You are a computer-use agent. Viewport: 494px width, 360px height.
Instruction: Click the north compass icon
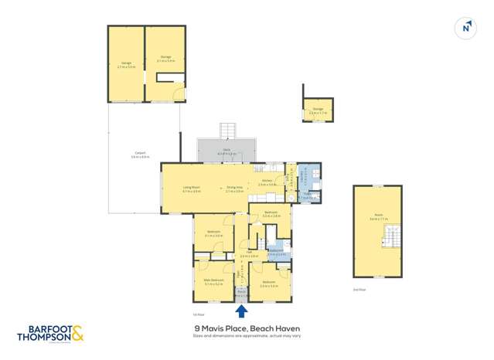click(466, 28)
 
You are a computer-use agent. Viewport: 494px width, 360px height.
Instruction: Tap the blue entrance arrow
click(242, 311)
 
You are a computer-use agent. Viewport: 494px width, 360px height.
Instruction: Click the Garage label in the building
click(127, 63)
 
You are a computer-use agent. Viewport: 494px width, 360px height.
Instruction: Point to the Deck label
click(227, 151)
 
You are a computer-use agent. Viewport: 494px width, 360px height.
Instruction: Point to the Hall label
click(250, 254)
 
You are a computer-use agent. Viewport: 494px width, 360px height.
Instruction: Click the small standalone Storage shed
click(317, 110)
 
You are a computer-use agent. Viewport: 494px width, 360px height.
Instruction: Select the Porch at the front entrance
click(242, 293)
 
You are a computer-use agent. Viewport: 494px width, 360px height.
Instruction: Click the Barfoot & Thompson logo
click(50, 334)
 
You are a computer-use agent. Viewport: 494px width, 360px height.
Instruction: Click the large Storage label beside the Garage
click(165, 57)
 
